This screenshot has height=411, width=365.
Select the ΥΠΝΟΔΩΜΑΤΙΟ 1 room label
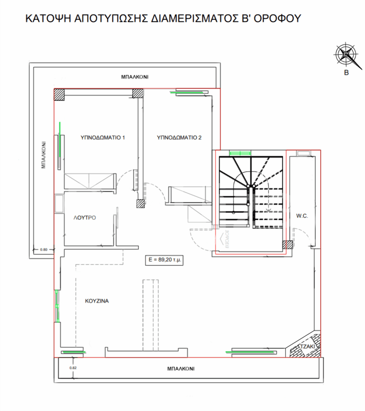click(x=103, y=137)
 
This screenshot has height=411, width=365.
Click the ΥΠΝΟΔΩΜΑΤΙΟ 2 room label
click(x=179, y=137)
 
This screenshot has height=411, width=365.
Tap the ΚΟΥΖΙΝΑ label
click(x=97, y=301)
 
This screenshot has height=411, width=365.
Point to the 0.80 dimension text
click(x=44, y=249)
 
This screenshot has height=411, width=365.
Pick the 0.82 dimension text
click(x=73, y=367)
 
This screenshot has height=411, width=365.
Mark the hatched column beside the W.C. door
click(x=287, y=245)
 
